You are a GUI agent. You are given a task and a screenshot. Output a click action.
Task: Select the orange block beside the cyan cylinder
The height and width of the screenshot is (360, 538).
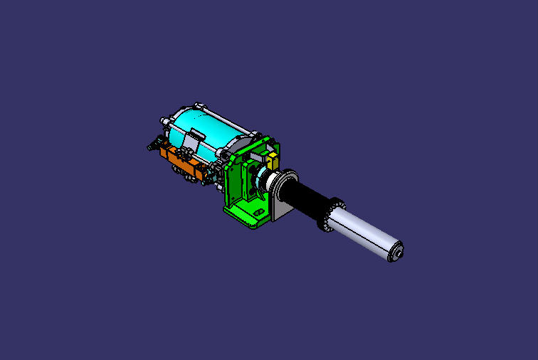point(183,161)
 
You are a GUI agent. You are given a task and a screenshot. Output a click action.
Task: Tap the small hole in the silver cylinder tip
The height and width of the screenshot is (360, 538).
point(399,251)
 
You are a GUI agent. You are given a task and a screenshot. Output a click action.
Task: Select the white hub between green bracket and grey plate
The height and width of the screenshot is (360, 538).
point(271,181)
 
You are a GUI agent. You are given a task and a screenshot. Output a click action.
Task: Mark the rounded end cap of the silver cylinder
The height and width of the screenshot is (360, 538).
point(394,251)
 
